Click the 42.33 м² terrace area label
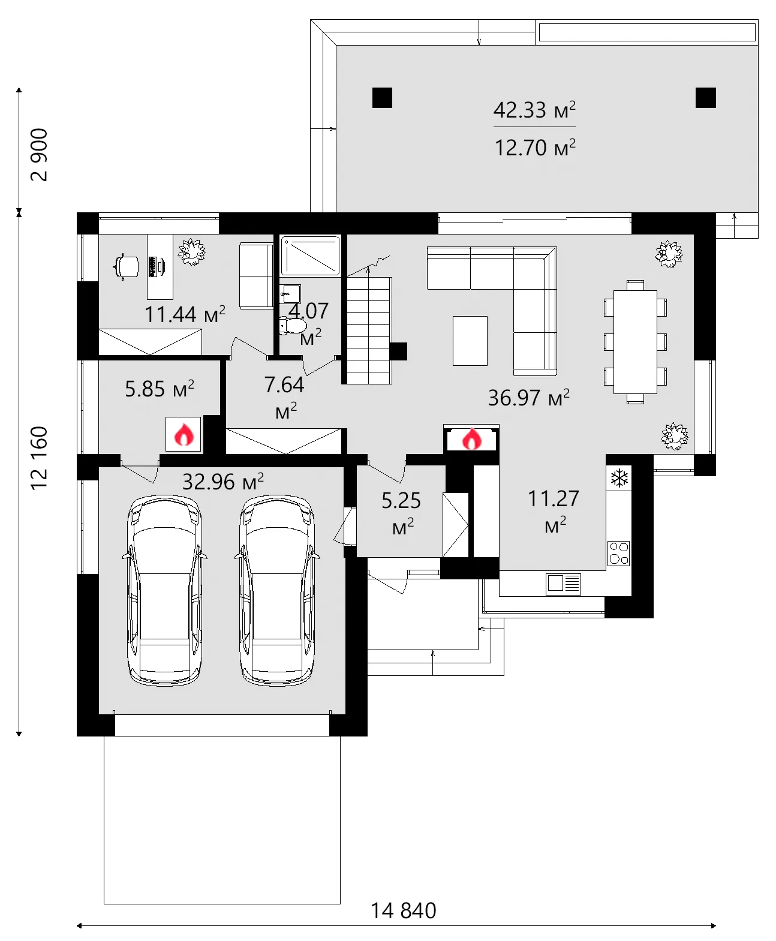[534, 110]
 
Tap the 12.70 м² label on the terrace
[534, 148]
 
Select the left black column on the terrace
[382, 98]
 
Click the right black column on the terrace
[705, 98]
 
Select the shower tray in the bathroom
[311, 256]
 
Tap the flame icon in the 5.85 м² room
[184, 434]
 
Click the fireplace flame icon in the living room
[471, 439]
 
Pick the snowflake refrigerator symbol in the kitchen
[619, 478]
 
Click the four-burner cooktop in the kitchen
[619, 553]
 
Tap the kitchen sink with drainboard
[563, 583]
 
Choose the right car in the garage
[277, 591]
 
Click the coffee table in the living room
[470, 341]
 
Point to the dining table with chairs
[635, 341]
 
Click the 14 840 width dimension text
[403, 910]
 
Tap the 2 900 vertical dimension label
[39, 154]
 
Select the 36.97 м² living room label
[528, 398]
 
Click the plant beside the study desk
[192, 251]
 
